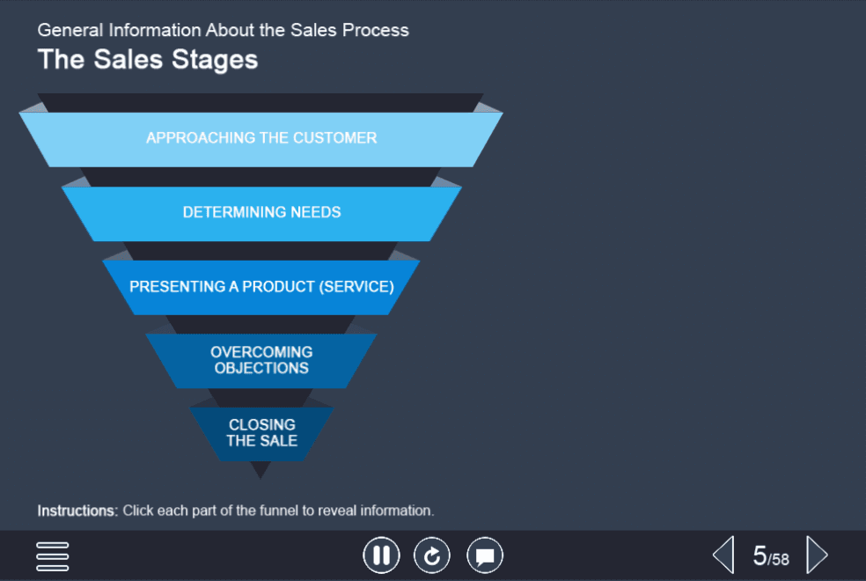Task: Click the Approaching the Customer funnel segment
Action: [261, 139]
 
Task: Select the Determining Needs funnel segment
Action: [261, 214]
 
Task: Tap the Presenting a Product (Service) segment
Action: [261, 288]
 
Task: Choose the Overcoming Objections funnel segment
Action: [261, 361]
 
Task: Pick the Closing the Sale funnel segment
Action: [261, 434]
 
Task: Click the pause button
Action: [381, 555]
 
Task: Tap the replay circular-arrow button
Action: [432, 555]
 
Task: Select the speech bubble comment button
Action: [485, 555]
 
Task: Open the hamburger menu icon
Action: [53, 556]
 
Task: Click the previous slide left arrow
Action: [723, 555]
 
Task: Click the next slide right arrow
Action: [817, 555]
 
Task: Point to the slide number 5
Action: [760, 555]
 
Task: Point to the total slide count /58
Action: [778, 559]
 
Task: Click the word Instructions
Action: [77, 511]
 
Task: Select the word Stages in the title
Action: [214, 60]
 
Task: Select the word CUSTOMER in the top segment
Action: [334, 137]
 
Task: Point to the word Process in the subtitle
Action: [376, 30]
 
